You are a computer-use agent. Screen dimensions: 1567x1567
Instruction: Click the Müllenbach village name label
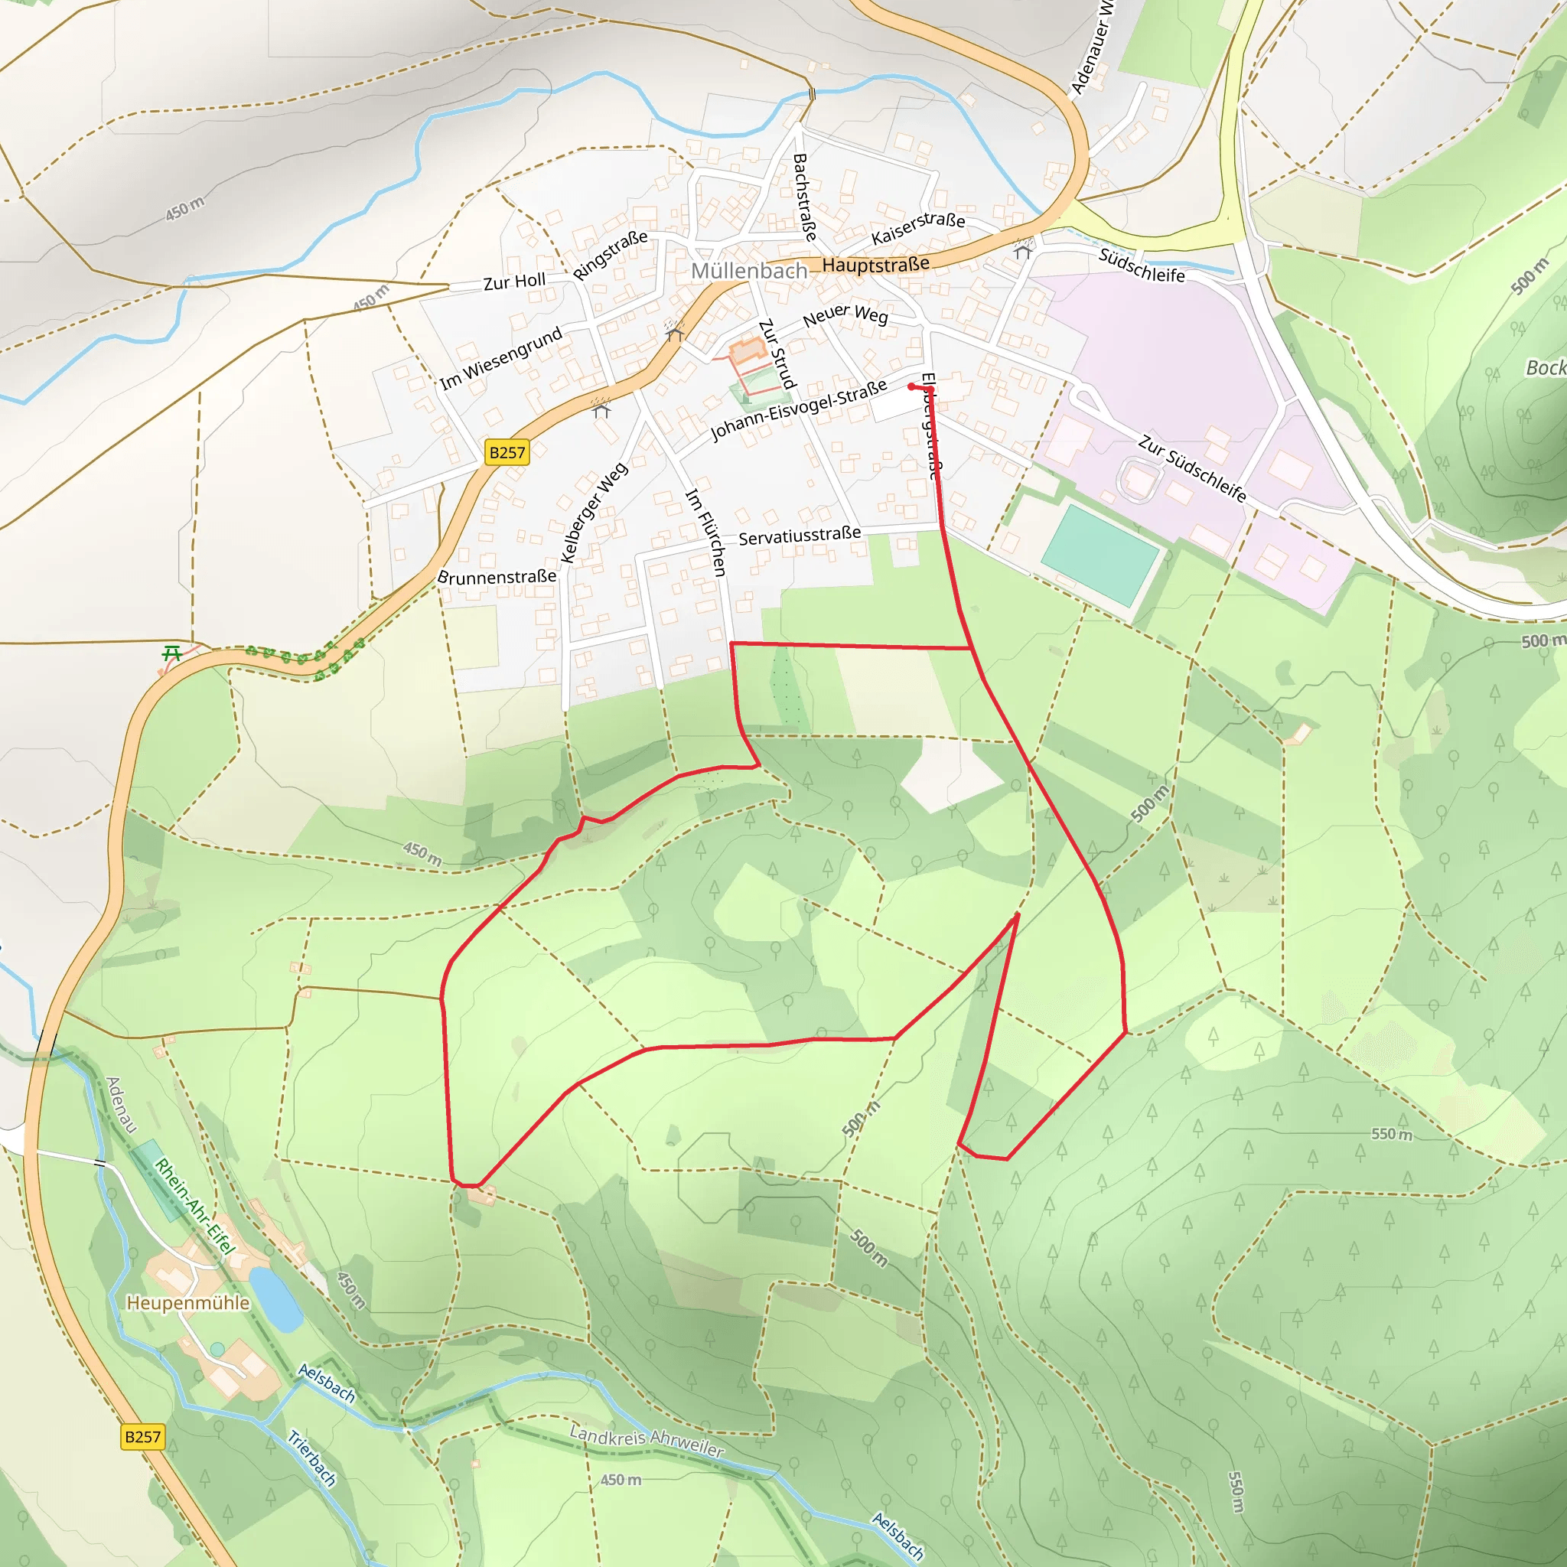point(748,271)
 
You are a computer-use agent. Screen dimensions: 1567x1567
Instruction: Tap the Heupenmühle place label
point(188,1302)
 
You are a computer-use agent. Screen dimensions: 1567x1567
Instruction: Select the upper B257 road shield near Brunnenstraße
point(507,453)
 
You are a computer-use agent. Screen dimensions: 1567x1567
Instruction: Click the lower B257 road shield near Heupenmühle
point(143,1436)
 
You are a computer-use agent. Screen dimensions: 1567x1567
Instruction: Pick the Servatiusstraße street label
point(799,536)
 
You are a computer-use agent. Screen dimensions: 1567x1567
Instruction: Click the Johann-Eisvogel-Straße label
point(798,410)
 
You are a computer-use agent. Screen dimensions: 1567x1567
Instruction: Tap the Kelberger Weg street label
point(594,513)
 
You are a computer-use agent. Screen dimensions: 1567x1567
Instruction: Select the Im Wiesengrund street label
point(500,357)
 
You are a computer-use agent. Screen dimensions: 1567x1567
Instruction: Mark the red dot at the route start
point(911,387)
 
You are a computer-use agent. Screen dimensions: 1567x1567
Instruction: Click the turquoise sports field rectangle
point(1100,555)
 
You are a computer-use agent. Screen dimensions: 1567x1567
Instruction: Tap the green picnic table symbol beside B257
point(171,653)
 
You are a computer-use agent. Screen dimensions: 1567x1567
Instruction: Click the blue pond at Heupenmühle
point(275,1299)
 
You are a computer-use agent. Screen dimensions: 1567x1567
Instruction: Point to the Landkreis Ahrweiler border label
point(646,1441)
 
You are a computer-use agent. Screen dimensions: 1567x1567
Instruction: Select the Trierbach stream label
point(311,1458)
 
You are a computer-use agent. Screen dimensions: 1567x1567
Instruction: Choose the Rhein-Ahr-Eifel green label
point(194,1206)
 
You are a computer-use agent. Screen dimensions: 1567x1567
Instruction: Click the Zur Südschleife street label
point(1191,468)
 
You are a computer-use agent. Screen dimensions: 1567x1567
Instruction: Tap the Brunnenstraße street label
point(497,577)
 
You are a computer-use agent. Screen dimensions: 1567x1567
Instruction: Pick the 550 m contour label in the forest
point(1391,1134)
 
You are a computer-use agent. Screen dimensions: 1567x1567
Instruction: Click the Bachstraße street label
point(804,197)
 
